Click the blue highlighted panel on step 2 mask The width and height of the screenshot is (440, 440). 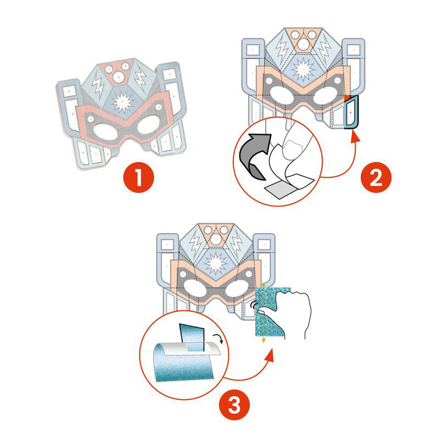pyautogui.click(x=350, y=113)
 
